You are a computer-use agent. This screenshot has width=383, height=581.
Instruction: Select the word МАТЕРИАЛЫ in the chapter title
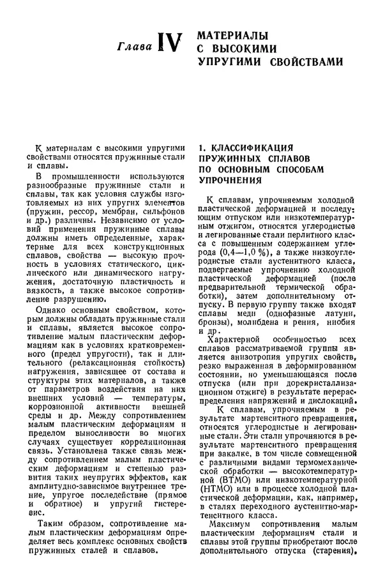point(232,35)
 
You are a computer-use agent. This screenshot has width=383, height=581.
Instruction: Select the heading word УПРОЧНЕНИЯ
point(228,181)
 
